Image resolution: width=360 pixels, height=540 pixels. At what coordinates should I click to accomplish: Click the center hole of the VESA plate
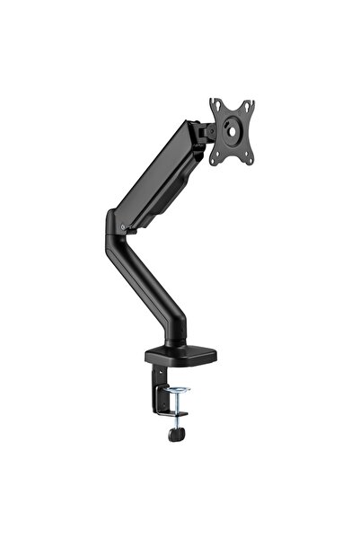pyautogui.click(x=232, y=132)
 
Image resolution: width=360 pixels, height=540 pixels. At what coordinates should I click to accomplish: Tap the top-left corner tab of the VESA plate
pyautogui.click(x=214, y=103)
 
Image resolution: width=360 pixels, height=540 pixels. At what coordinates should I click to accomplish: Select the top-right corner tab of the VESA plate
pyautogui.click(x=250, y=103)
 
